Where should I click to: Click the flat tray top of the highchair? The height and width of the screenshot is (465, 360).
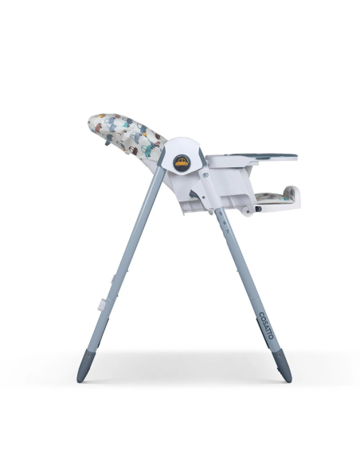pyautogui.click(x=255, y=156)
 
